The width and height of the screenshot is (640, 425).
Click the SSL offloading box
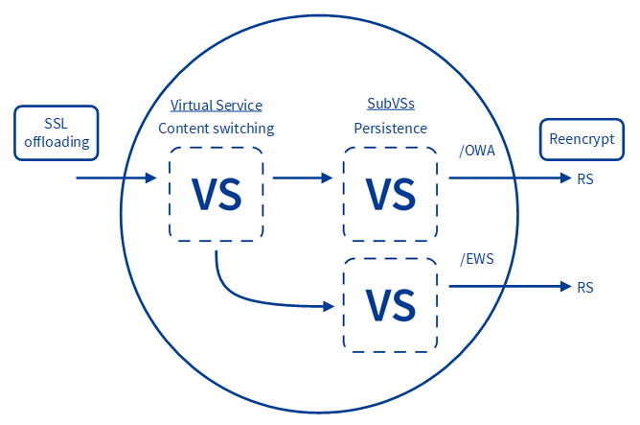tap(57, 132)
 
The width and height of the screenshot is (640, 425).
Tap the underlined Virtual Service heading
tap(216, 106)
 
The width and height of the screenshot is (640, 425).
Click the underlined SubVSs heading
tap(390, 104)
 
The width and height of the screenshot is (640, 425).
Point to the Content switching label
tap(216, 128)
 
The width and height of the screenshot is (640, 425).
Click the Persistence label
tap(390, 128)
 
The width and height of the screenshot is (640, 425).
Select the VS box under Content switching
tap(217, 193)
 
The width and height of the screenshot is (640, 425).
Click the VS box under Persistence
tap(390, 193)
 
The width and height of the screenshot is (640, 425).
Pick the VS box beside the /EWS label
tap(390, 303)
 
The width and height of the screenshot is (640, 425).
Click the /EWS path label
tap(477, 259)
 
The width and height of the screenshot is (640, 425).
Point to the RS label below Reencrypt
tap(585, 178)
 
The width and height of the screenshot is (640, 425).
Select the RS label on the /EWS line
tap(585, 287)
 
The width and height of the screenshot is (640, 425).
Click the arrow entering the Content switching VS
tap(115, 177)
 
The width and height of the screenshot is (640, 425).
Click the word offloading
tap(57, 143)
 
